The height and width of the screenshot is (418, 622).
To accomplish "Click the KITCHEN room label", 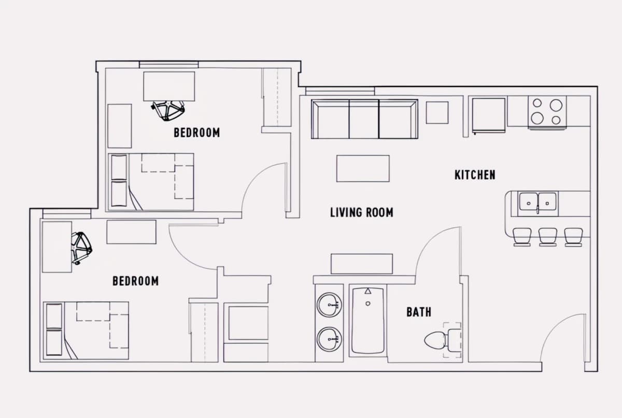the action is click(x=475, y=175).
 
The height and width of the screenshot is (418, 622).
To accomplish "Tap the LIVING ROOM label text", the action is click(x=362, y=213).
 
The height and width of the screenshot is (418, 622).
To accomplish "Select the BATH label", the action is click(x=419, y=312).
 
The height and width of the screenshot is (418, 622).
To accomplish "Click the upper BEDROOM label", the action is click(x=196, y=132).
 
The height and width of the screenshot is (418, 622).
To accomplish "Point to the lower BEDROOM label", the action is click(x=135, y=281).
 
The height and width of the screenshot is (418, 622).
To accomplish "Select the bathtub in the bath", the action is click(x=368, y=322).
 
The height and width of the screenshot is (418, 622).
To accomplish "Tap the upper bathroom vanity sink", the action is click(x=329, y=305).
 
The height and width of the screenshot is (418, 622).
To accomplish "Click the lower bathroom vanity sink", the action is click(x=329, y=339).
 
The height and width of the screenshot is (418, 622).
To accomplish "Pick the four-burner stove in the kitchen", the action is click(x=547, y=112).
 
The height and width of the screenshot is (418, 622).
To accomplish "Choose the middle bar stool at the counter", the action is click(x=547, y=237).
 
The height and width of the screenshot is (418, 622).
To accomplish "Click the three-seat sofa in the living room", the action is click(x=364, y=119).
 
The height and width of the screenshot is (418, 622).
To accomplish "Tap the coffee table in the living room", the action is click(x=363, y=169).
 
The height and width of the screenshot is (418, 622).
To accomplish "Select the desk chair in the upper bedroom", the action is click(x=168, y=110).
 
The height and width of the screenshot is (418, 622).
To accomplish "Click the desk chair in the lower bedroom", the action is click(x=81, y=248).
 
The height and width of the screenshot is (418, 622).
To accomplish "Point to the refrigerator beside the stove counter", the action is click(x=489, y=115).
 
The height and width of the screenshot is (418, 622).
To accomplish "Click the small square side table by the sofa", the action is click(x=437, y=113).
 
